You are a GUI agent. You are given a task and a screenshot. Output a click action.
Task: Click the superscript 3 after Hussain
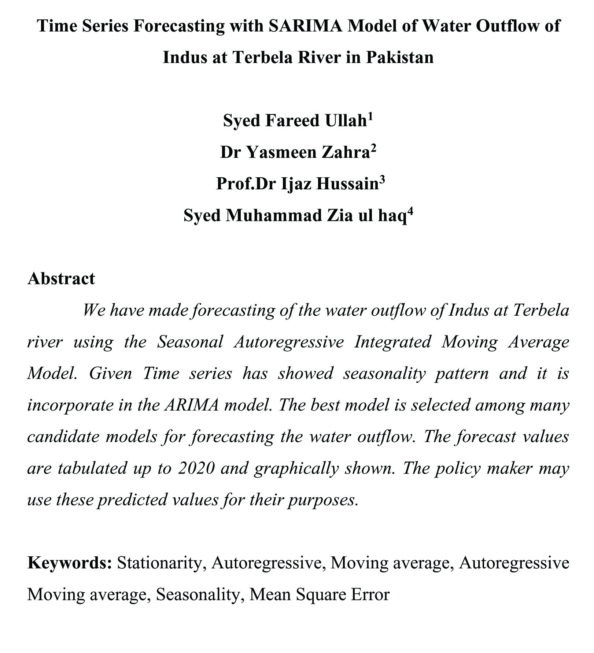click(x=382, y=180)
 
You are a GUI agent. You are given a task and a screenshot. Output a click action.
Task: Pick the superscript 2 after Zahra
click(x=373, y=148)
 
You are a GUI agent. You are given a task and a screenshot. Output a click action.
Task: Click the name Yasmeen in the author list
click(x=282, y=152)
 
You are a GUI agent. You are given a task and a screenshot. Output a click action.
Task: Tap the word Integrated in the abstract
click(x=392, y=342)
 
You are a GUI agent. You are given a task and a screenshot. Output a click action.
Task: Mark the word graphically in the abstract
click(x=296, y=469)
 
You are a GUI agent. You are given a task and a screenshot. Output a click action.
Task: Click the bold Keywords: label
click(x=70, y=563)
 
